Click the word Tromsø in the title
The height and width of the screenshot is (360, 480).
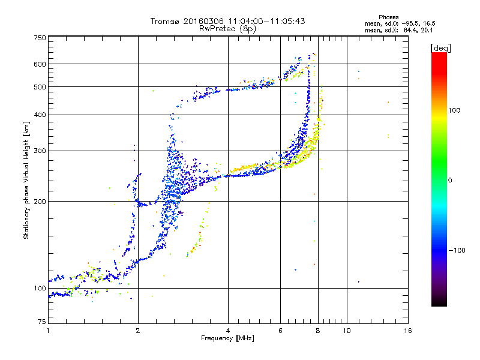[166, 21]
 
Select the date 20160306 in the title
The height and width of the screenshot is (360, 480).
[203, 21]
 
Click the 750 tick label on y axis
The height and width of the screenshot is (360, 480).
[40, 38]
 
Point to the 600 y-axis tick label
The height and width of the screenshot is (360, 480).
[40, 64]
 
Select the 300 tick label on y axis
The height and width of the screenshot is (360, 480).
[40, 151]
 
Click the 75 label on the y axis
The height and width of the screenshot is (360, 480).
[42, 322]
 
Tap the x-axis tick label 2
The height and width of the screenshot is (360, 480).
[138, 331]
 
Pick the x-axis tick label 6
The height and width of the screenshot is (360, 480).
[280, 331]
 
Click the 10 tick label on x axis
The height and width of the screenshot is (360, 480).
[347, 331]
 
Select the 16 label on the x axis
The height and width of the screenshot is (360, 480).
[408, 331]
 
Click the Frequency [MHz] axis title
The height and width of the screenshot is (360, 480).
[228, 338]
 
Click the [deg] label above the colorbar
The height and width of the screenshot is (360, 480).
[440, 48]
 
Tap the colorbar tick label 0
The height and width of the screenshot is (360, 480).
[450, 180]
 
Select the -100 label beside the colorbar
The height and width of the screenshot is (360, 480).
[457, 250]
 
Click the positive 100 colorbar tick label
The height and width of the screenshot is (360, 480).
[454, 110]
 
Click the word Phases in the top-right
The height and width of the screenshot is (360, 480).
[388, 17]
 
